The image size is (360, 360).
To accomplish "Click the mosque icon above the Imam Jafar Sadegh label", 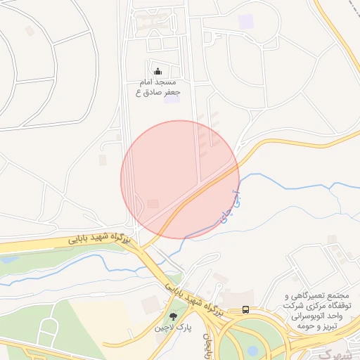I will click(x=157, y=71).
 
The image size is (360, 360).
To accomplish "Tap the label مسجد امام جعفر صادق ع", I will click(x=159, y=86).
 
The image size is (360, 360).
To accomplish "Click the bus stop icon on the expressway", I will click(x=245, y=309).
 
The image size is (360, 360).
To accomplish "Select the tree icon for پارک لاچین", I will click(x=174, y=316).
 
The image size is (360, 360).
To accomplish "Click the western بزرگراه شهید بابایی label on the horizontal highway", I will click(x=100, y=238).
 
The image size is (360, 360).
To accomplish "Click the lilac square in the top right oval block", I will click(x=245, y=21).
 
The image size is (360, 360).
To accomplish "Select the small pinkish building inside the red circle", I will click(x=153, y=204).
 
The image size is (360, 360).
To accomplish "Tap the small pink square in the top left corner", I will click(x=29, y=31).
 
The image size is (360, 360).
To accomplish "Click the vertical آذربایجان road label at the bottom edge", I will click(x=208, y=347).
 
